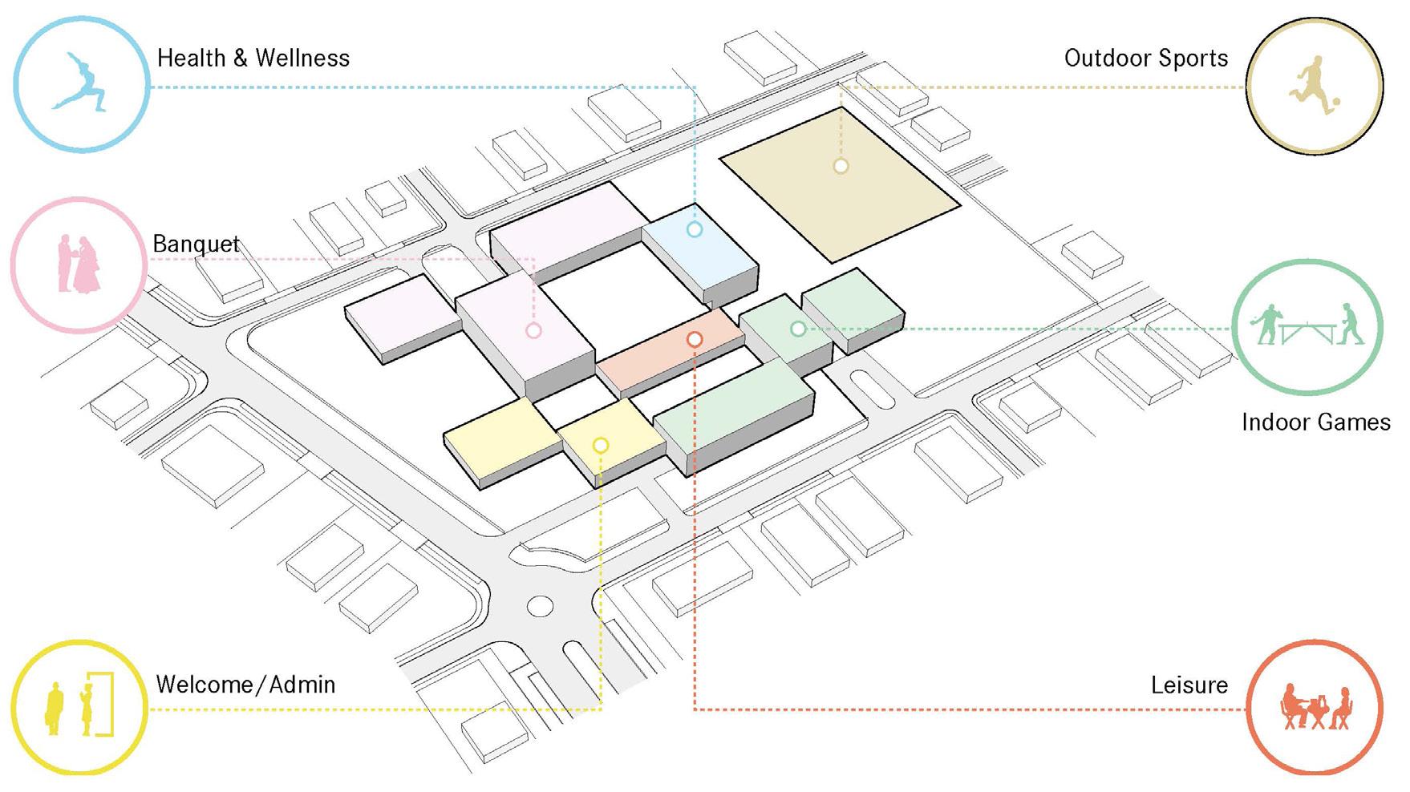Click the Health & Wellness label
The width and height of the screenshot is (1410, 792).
[253, 59]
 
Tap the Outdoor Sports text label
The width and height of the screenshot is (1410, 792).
[1145, 59]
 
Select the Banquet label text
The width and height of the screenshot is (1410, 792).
[196, 244]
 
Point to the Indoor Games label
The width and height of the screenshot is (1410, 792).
[1315, 422]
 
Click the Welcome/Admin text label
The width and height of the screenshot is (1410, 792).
[245, 685]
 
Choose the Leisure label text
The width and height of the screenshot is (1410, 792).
[1189, 685]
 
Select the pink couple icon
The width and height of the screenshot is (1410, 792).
[79, 264]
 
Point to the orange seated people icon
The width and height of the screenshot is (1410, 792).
[1315, 707]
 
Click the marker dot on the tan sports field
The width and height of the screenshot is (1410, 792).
[841, 166]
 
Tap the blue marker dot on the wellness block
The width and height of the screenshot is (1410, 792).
[695, 229]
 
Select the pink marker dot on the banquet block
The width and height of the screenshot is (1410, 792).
[533, 330]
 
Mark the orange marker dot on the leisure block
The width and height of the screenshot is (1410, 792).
[695, 340]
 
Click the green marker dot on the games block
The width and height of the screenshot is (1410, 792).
[798, 329]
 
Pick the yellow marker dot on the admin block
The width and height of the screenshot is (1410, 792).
[600, 445]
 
